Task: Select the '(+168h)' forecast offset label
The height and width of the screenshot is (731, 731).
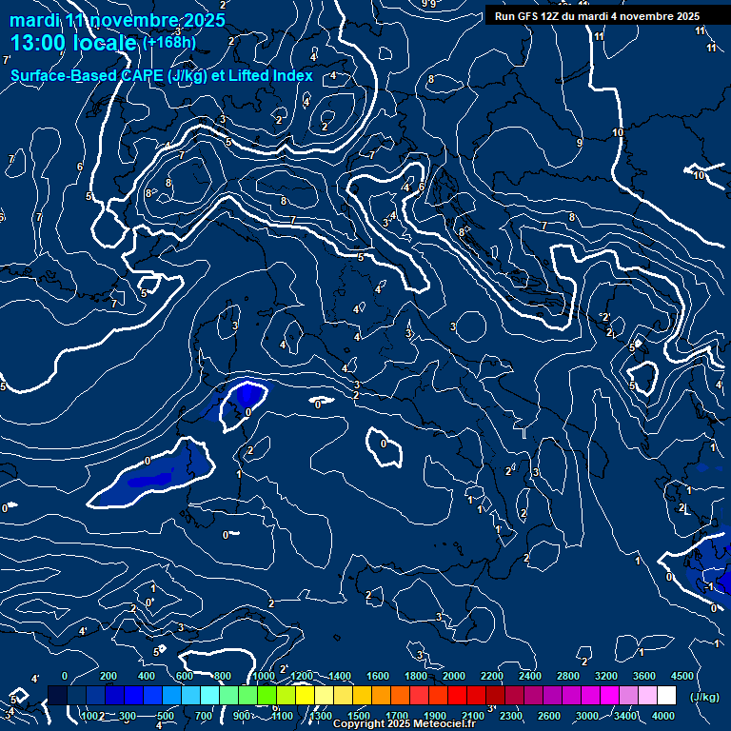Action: [x=169, y=43]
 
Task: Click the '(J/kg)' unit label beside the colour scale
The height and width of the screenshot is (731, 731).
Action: [x=704, y=698]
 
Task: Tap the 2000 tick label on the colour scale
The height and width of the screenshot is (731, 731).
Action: [x=454, y=676]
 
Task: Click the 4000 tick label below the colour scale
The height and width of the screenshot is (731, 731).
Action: [x=663, y=716]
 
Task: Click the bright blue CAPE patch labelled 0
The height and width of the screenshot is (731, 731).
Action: [x=247, y=395]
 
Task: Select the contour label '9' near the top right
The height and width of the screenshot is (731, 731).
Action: [x=580, y=143]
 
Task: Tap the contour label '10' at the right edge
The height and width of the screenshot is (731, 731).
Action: [x=699, y=175]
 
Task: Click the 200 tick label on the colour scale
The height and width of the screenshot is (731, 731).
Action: [x=109, y=676]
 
